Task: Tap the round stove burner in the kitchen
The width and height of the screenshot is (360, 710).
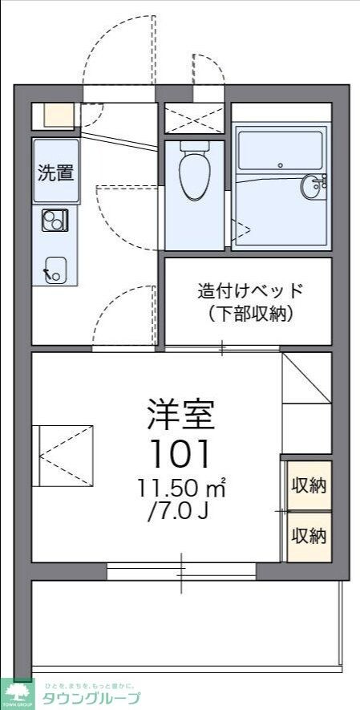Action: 53,217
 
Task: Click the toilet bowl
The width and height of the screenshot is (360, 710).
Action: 193,176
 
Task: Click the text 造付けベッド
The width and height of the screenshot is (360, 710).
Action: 252,290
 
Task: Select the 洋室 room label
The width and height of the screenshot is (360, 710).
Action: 180,415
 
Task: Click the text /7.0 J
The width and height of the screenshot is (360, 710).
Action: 178,511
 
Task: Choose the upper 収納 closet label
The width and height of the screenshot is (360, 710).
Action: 309,485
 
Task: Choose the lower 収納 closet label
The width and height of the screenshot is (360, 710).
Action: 309,535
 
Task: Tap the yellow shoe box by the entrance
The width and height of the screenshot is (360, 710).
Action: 59,116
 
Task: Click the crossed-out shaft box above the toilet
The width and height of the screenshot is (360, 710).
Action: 194,118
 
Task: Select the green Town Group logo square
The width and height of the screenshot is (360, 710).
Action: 18,694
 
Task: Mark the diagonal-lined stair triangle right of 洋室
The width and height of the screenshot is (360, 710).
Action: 306,379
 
